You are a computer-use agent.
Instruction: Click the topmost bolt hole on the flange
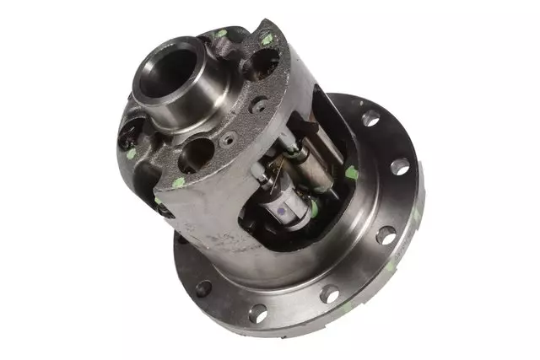point(371,119)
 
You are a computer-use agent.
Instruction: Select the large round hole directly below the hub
point(195,153)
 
